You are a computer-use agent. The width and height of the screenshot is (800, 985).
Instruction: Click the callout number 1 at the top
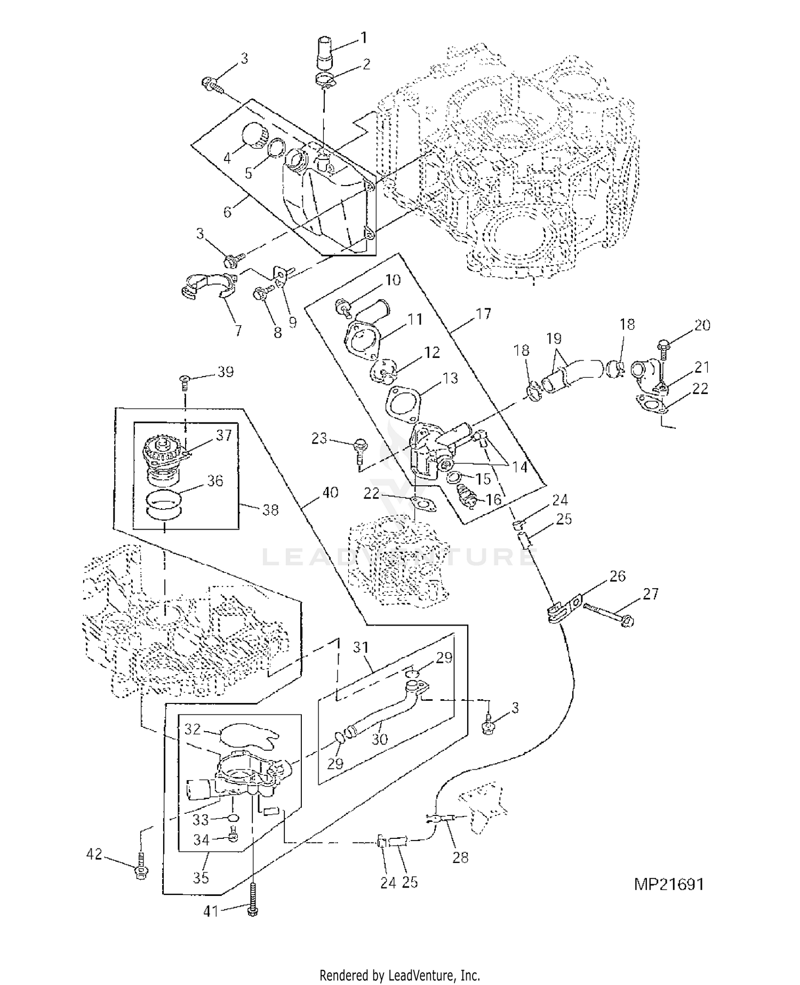[363, 37]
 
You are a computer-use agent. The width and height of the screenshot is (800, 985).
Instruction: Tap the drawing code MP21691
[669, 884]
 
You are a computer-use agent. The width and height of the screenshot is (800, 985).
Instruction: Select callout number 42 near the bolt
[94, 854]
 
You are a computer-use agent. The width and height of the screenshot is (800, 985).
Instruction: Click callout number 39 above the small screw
[226, 372]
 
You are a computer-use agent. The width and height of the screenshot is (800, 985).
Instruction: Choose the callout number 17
[483, 314]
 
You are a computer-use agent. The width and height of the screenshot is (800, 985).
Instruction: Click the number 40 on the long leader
[330, 492]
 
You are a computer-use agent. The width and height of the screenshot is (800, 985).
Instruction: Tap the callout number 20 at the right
[702, 325]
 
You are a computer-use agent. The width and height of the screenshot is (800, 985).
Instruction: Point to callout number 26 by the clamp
[617, 576]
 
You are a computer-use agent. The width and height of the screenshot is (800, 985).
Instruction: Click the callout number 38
[270, 510]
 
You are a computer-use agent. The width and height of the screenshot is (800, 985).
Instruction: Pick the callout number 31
[361, 647]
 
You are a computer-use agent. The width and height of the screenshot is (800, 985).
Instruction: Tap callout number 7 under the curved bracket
[238, 331]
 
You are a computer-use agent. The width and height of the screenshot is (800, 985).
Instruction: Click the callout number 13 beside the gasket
[450, 378]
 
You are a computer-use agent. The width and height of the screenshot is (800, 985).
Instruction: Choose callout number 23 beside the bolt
[319, 439]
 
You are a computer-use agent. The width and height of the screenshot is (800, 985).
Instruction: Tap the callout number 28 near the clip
[460, 857]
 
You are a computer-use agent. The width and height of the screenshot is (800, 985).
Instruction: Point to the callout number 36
[215, 481]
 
